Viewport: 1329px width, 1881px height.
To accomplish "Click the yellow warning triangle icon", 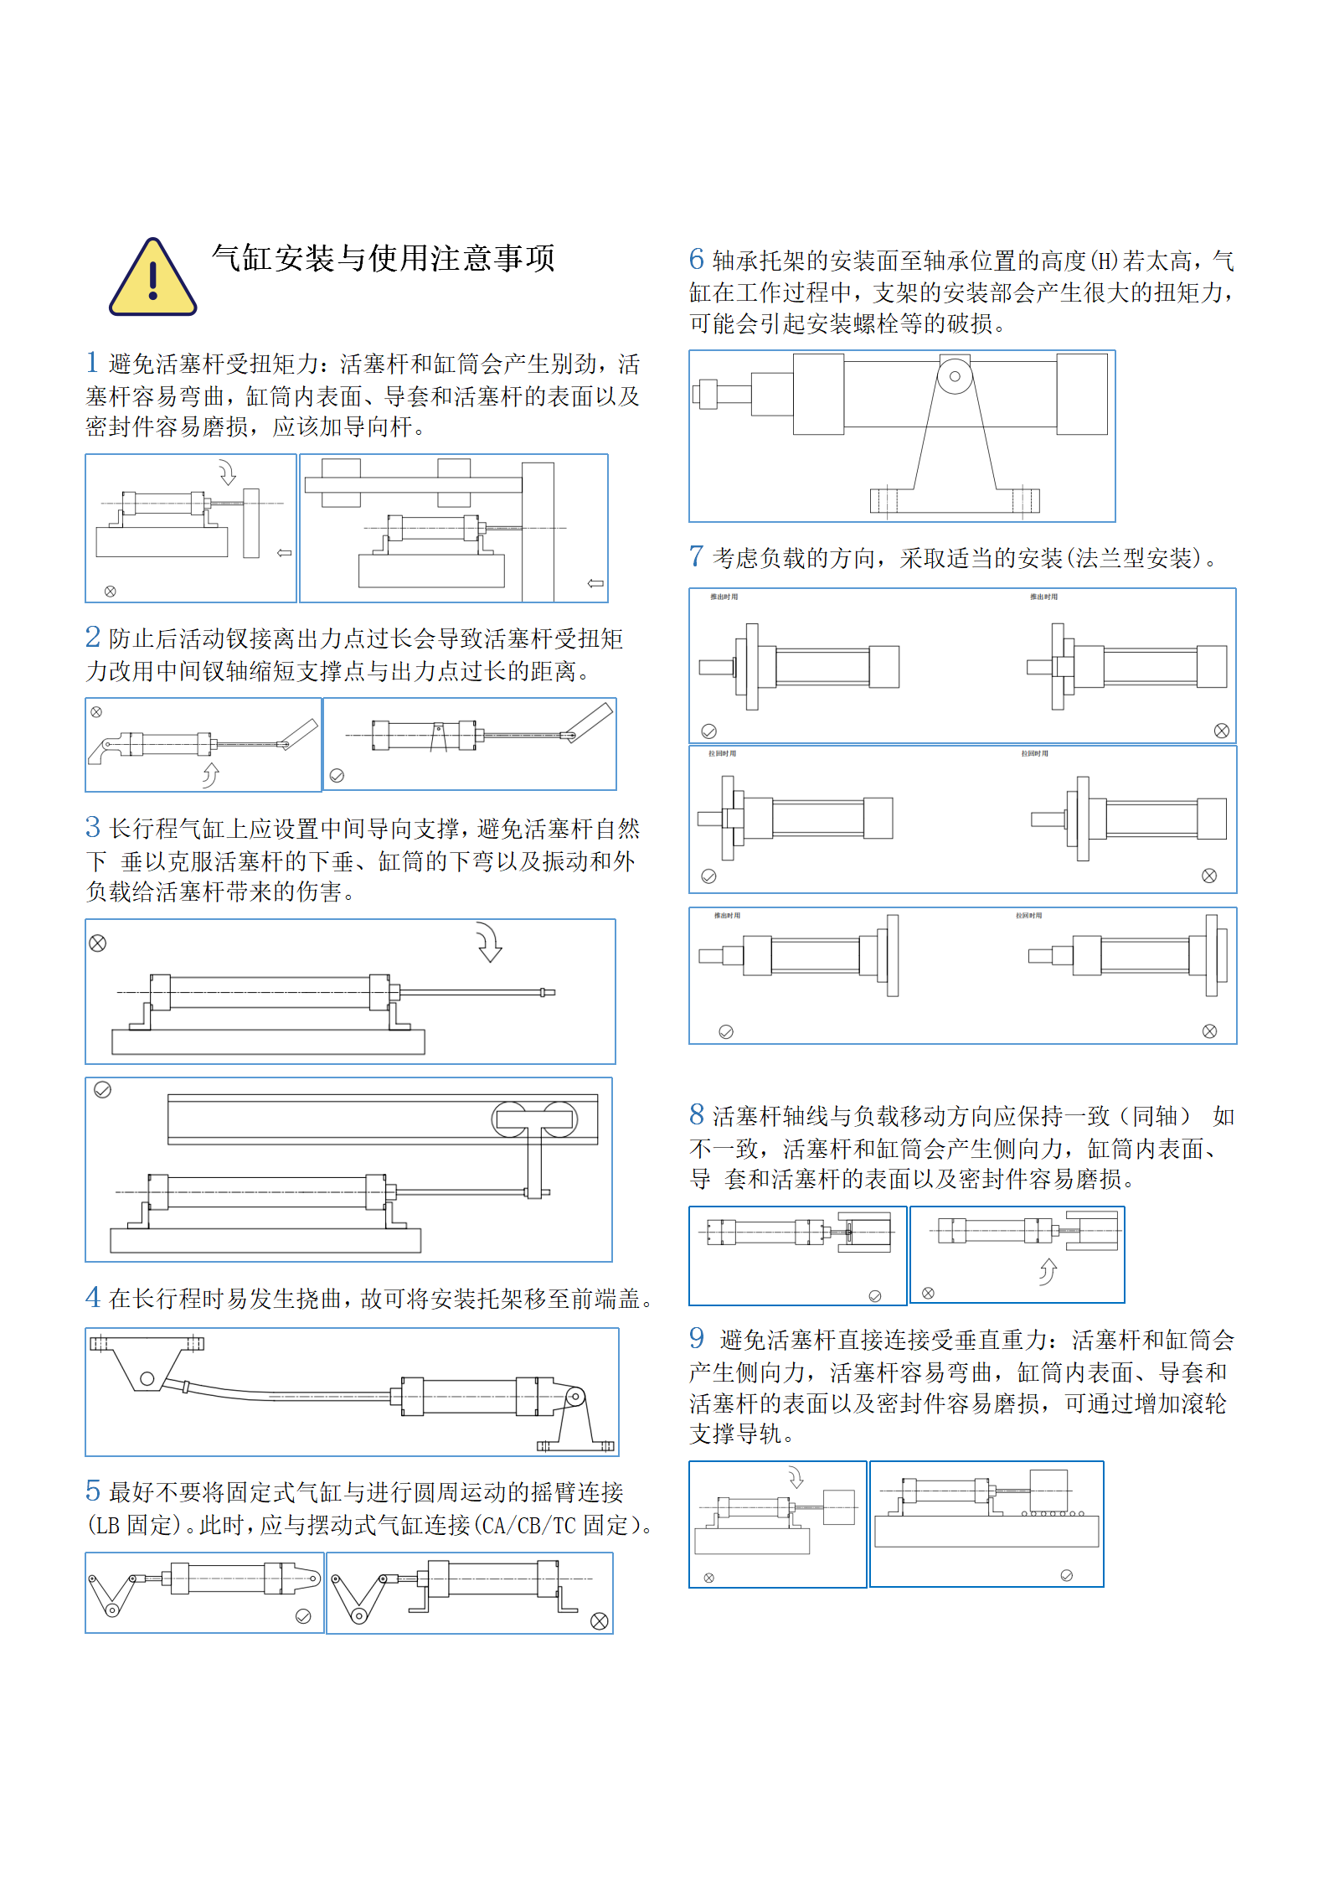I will pos(152,279).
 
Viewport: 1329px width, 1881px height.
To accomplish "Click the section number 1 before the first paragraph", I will pos(92,362).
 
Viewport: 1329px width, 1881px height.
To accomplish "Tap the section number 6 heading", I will pos(696,259).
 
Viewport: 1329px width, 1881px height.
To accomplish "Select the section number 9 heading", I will pos(696,1338).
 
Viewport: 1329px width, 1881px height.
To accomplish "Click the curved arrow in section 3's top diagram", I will pos(488,943).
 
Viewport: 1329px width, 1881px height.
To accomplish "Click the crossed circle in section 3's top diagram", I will pos(98,943).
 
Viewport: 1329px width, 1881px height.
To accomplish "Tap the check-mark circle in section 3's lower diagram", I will pos(102,1090).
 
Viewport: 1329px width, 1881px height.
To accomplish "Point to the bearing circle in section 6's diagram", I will pos(954,376).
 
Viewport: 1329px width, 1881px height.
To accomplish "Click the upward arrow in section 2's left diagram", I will pos(210,774).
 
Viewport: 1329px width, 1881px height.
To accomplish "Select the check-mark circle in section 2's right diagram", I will pos(337,776).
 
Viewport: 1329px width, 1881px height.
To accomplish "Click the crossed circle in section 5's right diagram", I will pos(599,1621).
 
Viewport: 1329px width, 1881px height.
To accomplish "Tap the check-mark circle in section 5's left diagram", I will pos(303,1616).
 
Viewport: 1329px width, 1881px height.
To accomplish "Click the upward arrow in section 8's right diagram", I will pos(1048,1272).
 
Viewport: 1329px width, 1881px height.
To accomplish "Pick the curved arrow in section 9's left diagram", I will pos(795,1477).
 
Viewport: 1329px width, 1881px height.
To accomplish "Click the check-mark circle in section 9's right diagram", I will pos(1066,1575).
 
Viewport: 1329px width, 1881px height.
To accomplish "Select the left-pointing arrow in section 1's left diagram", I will pos(285,553).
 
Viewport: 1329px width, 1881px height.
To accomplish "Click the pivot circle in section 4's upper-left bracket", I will pos(147,1378).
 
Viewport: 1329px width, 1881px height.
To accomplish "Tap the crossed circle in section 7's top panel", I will pos(1221,731).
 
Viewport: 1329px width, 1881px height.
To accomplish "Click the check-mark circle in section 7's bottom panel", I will pos(726,1031).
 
